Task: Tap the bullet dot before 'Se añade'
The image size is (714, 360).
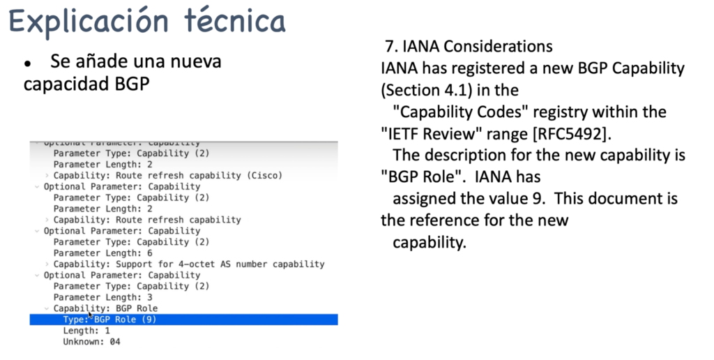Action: click(28, 63)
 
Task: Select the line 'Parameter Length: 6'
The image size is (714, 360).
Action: click(102, 253)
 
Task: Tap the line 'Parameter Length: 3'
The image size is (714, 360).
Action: click(102, 297)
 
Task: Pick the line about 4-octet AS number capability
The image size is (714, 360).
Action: click(188, 264)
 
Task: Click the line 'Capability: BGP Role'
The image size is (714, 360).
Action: click(105, 308)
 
